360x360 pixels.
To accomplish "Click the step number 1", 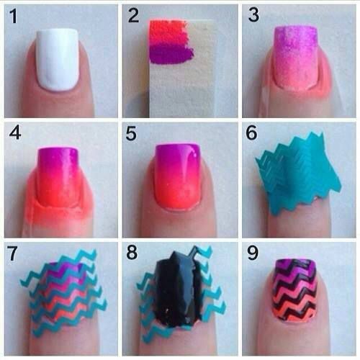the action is (x=14, y=17).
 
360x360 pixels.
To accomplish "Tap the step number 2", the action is (x=133, y=15).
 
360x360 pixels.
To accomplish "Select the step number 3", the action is (x=253, y=15).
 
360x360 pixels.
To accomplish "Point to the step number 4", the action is (x=15, y=132).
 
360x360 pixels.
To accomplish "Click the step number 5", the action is (x=131, y=133).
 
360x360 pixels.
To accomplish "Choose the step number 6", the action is (x=251, y=132).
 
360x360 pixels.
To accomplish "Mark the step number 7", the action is (x=12, y=253).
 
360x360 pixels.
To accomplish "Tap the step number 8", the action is (x=132, y=252).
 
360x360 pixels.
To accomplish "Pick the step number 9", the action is (x=253, y=253).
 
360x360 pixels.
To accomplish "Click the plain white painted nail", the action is (x=58, y=60).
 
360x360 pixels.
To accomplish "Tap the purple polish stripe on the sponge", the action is (x=171, y=54).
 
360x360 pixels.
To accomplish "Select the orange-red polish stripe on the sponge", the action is (x=168, y=27).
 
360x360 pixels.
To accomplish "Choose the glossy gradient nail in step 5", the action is (x=177, y=176).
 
